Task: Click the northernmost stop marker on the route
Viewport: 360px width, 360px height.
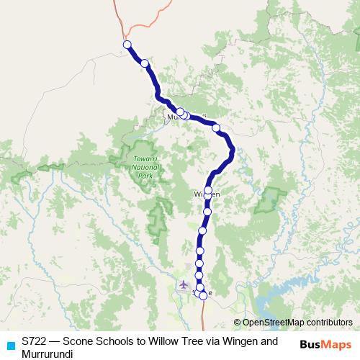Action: [127, 45]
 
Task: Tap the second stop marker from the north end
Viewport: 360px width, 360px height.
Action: [145, 63]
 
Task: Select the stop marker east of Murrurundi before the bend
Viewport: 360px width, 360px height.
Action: [216, 128]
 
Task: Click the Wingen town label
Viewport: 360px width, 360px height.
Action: [206, 194]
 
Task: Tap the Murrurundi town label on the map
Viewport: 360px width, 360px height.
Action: [186, 116]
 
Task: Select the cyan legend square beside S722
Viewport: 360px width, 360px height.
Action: [10, 346]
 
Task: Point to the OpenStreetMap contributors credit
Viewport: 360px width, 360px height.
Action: [297, 323]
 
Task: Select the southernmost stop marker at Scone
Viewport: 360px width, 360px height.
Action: [203, 295]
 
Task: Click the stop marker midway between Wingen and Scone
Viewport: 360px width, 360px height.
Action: [202, 230]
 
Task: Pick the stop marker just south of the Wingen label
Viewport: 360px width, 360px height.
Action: [207, 212]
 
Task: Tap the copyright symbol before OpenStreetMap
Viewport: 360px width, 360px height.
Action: [238, 323]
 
